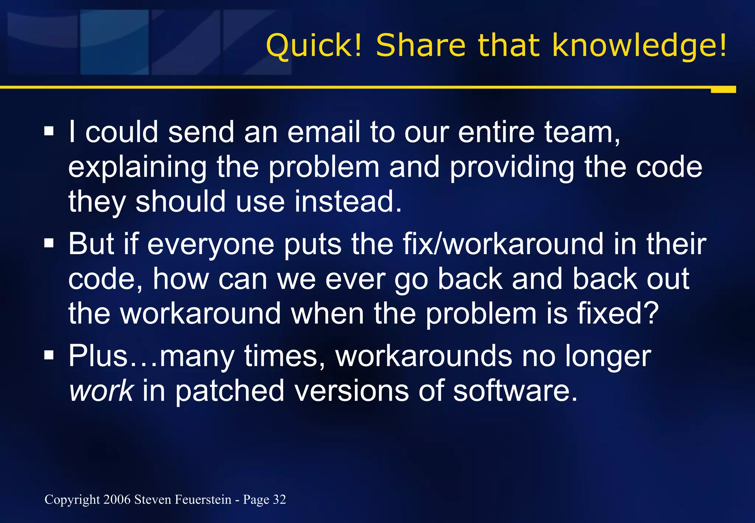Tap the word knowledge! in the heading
click(x=640, y=46)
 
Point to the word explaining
click(x=137, y=168)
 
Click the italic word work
click(x=101, y=391)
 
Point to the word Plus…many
click(x=152, y=356)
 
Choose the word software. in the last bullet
click(x=515, y=391)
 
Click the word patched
click(x=229, y=391)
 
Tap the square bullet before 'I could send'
click(x=49, y=131)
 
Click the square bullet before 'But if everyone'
click(x=49, y=243)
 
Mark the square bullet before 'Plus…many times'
click(x=49, y=356)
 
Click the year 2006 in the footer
click(x=117, y=499)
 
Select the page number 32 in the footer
click(x=279, y=499)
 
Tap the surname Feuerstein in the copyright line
click(x=203, y=499)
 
